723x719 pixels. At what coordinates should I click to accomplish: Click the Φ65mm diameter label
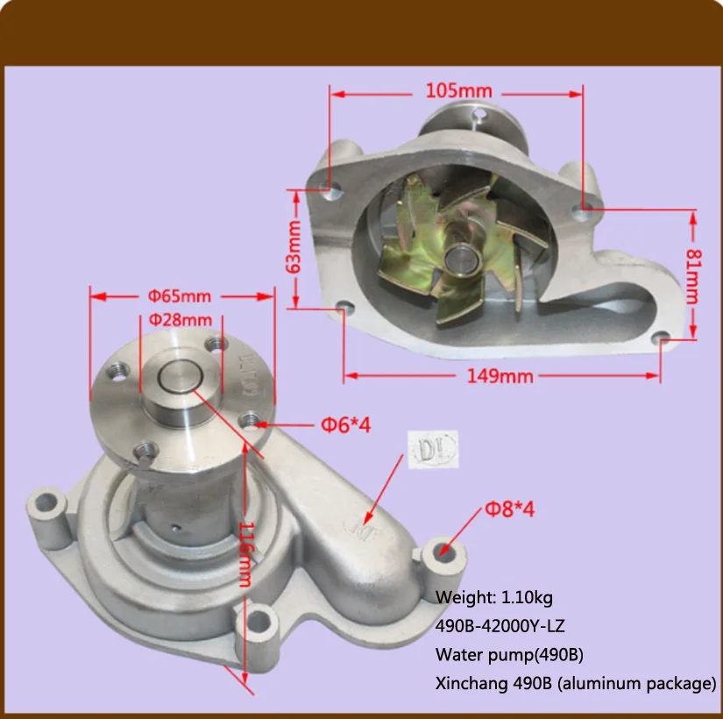coord(179,295)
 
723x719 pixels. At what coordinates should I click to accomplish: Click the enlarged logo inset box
coord(427,450)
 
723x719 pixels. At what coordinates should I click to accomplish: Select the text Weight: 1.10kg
coord(494,597)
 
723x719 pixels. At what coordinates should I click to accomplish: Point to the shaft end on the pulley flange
coord(181,379)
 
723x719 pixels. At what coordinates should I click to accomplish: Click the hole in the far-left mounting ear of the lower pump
coord(46,504)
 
